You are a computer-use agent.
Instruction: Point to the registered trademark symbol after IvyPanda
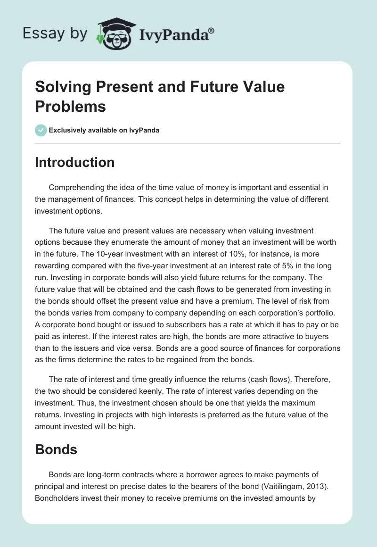[212, 30]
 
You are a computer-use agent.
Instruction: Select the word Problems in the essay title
[70, 106]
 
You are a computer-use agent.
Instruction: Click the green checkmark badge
[41, 130]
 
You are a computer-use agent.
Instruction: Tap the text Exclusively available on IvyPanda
[104, 130]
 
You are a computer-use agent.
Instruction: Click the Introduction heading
[75, 162]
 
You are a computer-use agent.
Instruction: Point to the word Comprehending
[75, 187]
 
